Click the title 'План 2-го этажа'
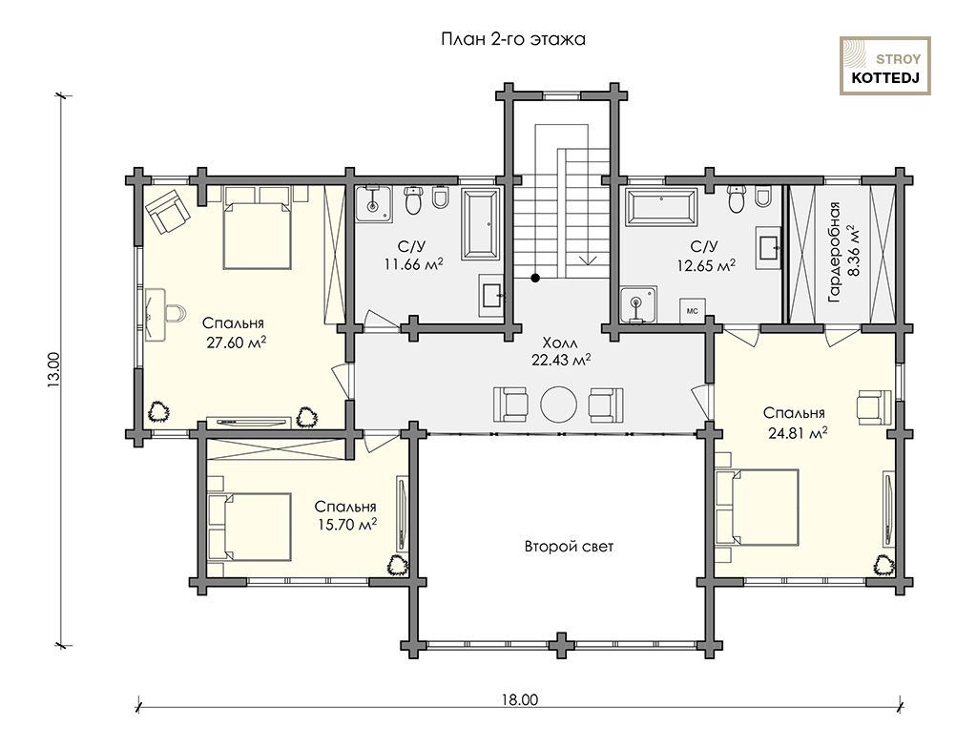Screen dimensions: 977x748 coord(512,39)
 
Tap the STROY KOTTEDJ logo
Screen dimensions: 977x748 coord(885,66)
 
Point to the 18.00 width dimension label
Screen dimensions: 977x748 coord(518,699)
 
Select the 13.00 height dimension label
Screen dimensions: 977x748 coord(53,370)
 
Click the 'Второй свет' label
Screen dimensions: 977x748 coord(569,547)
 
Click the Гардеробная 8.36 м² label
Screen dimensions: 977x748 coord(844,252)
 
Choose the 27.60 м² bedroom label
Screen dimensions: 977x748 coord(235,332)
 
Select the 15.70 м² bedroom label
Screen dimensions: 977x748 coord(345,515)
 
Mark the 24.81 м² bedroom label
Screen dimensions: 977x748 coord(796,423)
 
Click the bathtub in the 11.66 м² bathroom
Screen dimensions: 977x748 coord(481,224)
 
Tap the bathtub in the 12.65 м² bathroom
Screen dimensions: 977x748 coord(662,206)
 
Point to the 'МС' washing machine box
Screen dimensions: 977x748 coord(693,310)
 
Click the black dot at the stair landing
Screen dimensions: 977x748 coord(535,278)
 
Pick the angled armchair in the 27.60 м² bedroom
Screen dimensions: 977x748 coord(168,211)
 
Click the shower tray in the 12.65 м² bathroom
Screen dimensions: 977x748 coord(638,304)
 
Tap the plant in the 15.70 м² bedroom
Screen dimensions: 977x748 coord(397,565)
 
